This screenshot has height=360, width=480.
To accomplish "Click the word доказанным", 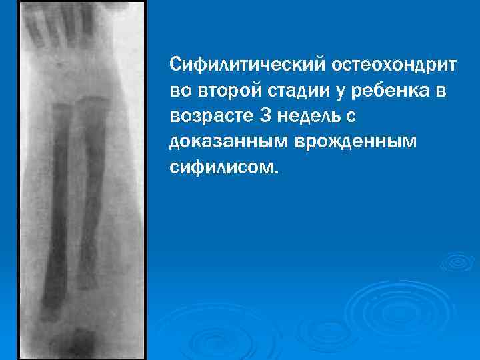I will pos(224,141).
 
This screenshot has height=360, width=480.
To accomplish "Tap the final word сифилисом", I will pos(220,167).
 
